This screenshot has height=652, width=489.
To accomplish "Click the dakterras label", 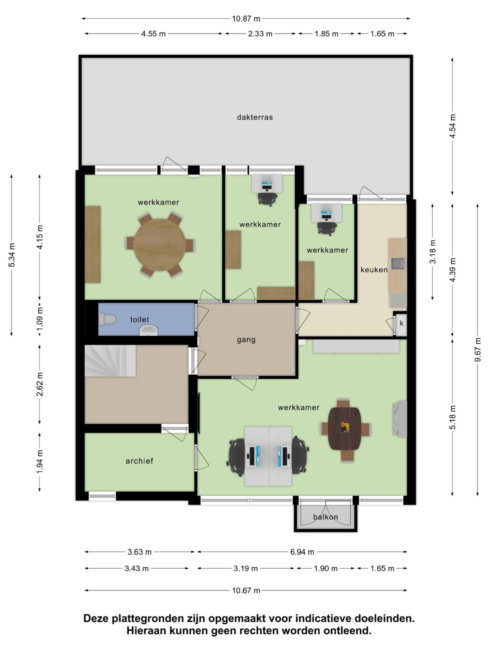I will pos(255,117).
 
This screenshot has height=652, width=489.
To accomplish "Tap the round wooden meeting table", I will pos(160,245).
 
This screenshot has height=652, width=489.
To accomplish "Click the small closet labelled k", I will pos(401,324).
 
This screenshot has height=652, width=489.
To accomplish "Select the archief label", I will pos(139,461).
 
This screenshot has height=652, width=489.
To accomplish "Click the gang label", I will pos(246,340).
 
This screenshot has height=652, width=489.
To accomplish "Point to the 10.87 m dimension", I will pos(246,19).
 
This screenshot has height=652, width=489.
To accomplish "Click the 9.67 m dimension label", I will pos(477,350).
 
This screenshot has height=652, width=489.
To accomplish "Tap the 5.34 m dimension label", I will pos(12,255).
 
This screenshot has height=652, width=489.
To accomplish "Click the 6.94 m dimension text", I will pos(302,552).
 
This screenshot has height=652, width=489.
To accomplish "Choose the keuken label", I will pos(374,270).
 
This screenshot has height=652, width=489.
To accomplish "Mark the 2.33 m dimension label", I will pos(260,34).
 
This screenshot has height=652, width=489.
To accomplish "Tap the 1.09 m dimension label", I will pos(39,319).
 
